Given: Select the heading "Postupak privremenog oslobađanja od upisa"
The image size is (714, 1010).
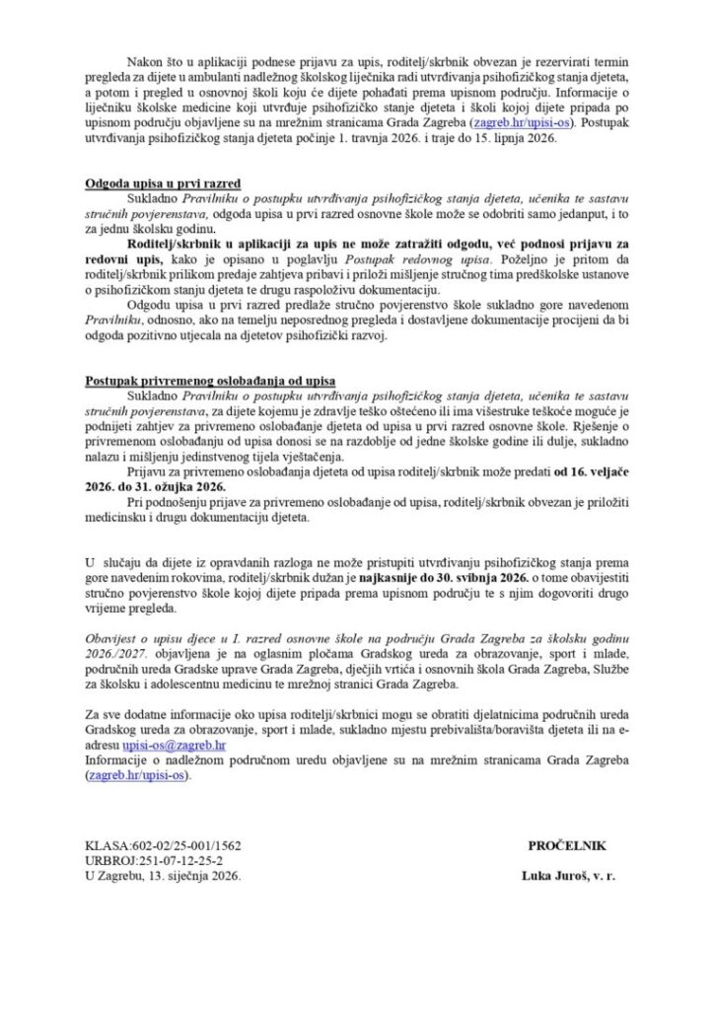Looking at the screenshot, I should click(195, 381).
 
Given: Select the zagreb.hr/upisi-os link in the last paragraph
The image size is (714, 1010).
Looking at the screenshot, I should click(139, 776).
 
